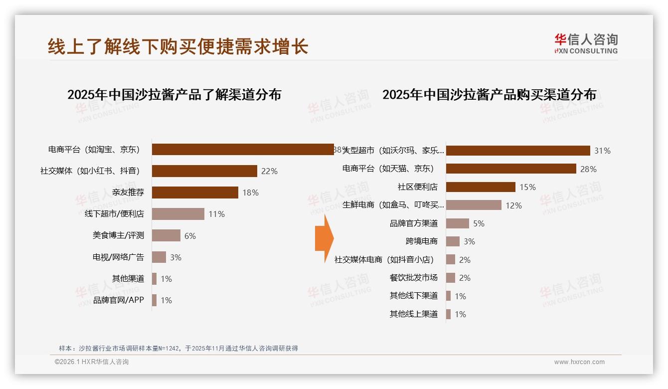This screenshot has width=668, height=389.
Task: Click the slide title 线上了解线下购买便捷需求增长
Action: tap(178, 46)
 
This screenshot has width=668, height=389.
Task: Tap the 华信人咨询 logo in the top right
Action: tap(586, 43)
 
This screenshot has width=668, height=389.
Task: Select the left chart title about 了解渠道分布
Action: tap(174, 95)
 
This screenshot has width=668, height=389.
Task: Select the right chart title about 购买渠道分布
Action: tap(489, 95)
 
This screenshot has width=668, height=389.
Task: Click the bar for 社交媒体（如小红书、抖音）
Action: tap(204, 171)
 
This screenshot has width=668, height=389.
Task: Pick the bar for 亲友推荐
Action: tap(195, 193)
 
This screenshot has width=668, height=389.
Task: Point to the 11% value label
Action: tap(216, 214)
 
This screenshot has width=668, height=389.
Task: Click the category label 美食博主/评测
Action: tap(118, 235)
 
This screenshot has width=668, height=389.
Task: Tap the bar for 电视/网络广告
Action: tap(159, 257)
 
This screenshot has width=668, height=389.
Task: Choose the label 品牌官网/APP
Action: tap(118, 300)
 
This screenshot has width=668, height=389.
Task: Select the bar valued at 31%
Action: tap(518, 151)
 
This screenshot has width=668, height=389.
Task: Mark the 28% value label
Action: tap(588, 169)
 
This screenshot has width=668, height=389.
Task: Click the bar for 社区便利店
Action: tap(481, 187)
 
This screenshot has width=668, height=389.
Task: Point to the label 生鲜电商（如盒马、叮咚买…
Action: tap(393, 205)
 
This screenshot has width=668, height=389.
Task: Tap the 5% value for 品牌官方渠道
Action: tap(479, 223)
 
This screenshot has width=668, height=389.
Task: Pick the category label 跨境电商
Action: tap(421, 241)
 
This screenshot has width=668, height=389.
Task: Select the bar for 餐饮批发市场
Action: tap(451, 278)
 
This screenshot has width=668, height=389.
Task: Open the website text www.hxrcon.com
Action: tap(579, 362)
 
